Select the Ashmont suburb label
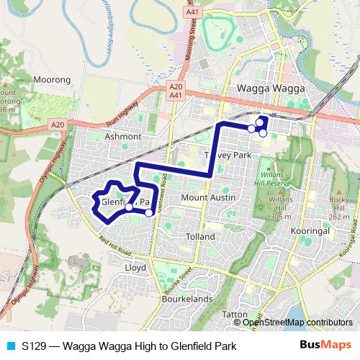point(122,135)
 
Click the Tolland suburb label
point(200,236)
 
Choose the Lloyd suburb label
point(135,267)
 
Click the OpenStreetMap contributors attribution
point(297,323)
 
